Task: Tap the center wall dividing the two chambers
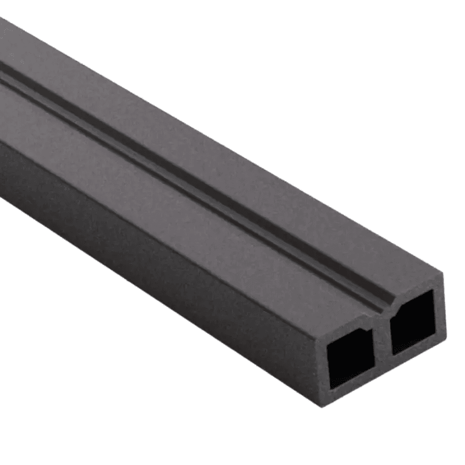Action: coord(382,341)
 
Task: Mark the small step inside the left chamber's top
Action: coord(368,330)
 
